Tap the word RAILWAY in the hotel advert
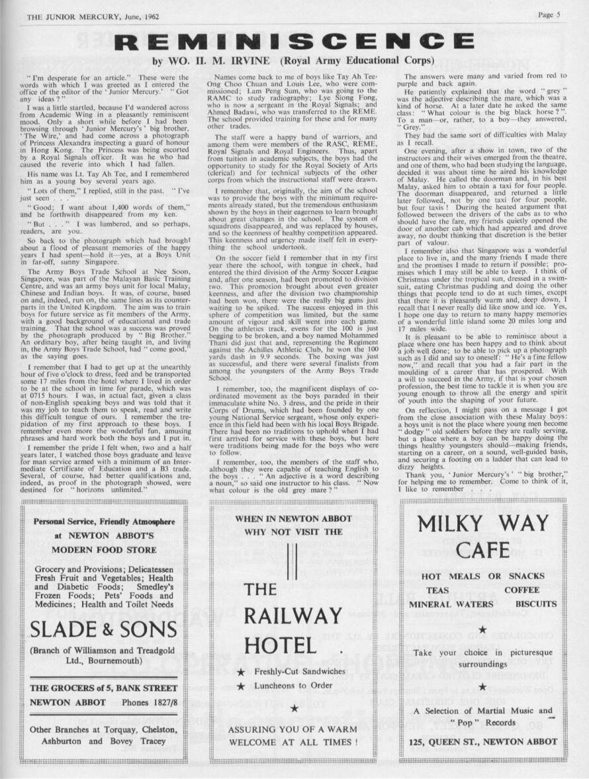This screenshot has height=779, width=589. click(x=291, y=615)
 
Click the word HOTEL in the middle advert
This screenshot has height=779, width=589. click(x=280, y=645)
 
